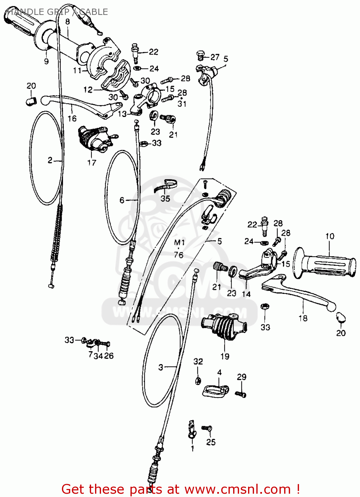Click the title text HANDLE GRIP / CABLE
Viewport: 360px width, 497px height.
click(57, 12)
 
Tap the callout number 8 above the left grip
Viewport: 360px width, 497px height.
click(68, 22)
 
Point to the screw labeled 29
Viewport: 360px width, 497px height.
click(241, 394)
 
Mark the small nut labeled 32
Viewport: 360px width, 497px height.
click(198, 380)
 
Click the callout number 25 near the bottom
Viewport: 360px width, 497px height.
click(211, 442)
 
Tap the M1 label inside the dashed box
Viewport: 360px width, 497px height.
click(179, 243)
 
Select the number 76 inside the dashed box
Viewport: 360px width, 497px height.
click(179, 255)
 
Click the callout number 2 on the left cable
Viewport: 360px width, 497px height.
click(50, 160)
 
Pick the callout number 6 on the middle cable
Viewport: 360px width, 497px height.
click(122, 200)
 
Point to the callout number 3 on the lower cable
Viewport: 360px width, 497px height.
click(161, 367)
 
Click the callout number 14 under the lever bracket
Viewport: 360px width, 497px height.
click(246, 294)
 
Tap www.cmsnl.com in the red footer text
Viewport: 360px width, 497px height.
click(237, 489)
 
